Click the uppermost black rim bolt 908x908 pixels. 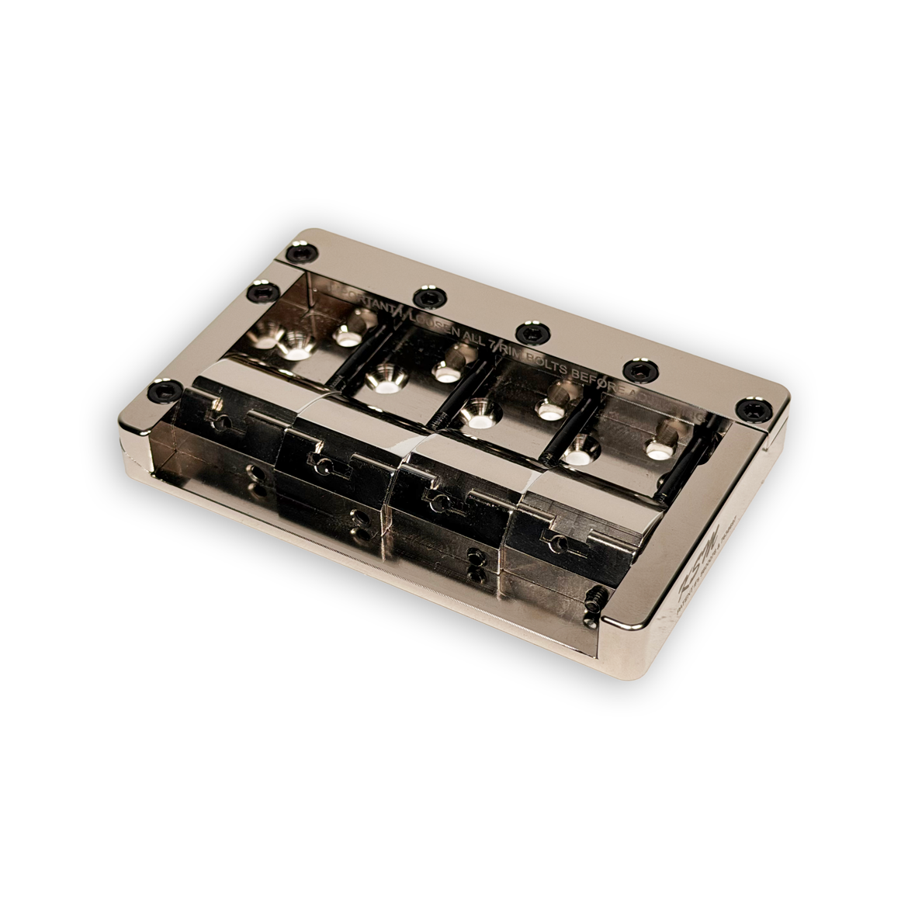click(296, 253)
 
